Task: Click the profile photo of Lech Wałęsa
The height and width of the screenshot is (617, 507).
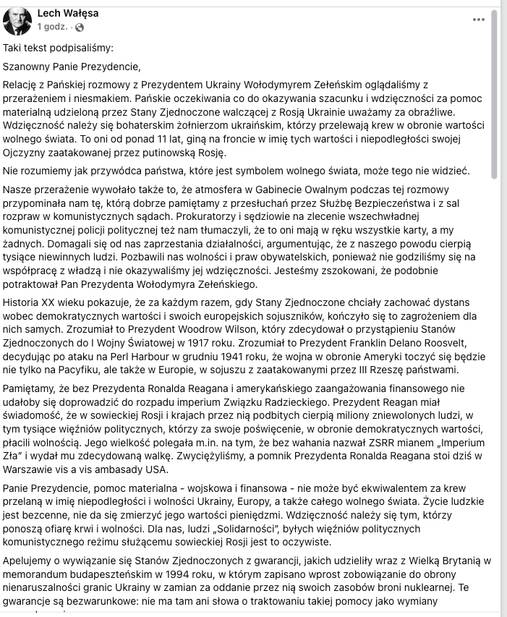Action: tap(17, 20)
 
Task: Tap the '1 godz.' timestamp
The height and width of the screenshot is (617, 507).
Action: tap(53, 27)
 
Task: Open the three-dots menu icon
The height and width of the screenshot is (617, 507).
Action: tap(479, 20)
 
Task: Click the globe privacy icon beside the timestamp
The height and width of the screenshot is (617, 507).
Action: tap(79, 27)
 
